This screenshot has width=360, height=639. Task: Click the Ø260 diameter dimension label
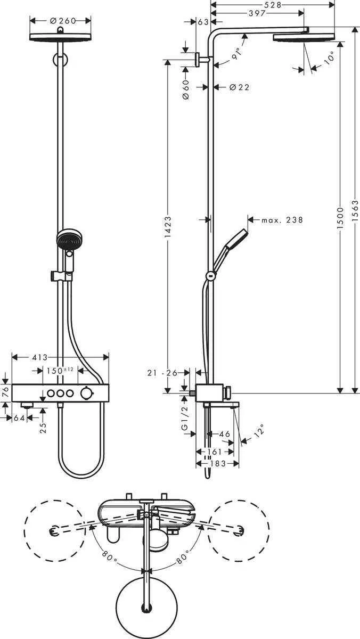tap(63, 21)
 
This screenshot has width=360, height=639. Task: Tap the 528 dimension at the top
tap(273, 5)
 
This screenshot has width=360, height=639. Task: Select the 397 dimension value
tap(257, 13)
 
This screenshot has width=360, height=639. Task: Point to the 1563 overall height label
tap(355, 210)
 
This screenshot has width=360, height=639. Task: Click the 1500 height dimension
tap(340, 218)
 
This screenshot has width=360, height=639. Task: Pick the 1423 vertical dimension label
tap(168, 227)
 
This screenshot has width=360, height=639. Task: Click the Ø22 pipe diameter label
tap(239, 87)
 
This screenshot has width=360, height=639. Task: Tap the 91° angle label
tap(236, 53)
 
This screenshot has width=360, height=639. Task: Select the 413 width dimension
tap(40, 357)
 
